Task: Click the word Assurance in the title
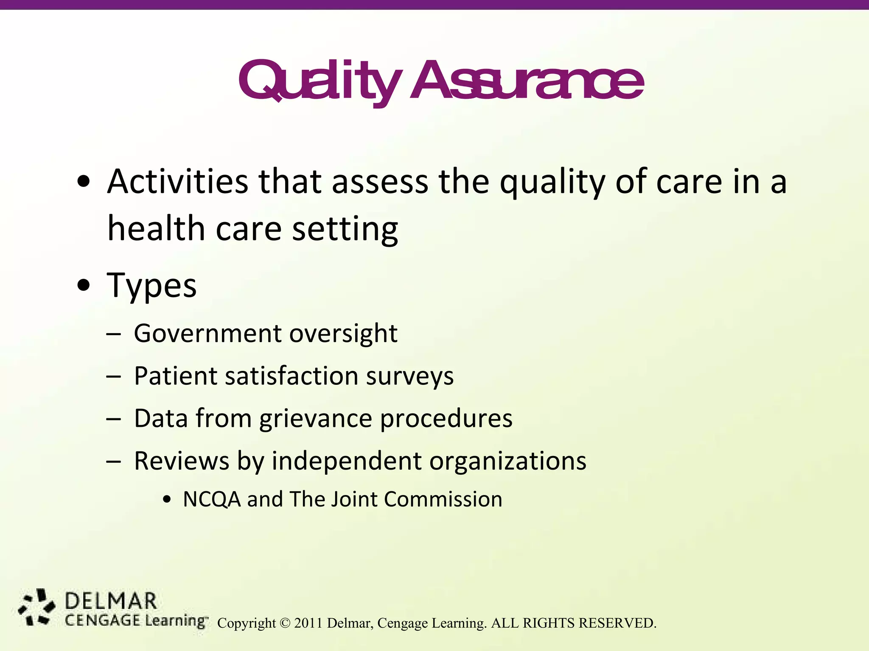pyautogui.click(x=526, y=81)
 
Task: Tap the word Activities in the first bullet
pyautogui.click(x=177, y=182)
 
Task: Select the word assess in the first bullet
pyautogui.click(x=380, y=182)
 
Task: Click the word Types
pyautogui.click(x=152, y=286)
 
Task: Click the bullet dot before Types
pyautogui.click(x=84, y=285)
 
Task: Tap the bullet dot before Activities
pyautogui.click(x=84, y=182)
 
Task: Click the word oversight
pyautogui.click(x=343, y=334)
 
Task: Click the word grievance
pyautogui.click(x=316, y=419)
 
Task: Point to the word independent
pyautogui.click(x=346, y=461)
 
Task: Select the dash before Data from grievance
pyautogui.click(x=114, y=419)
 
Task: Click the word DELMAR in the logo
pyautogui.click(x=111, y=602)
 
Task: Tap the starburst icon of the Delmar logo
pyautogui.click(x=36, y=607)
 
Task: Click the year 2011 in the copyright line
pyautogui.click(x=308, y=623)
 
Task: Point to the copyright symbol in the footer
pyautogui.click(x=285, y=623)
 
